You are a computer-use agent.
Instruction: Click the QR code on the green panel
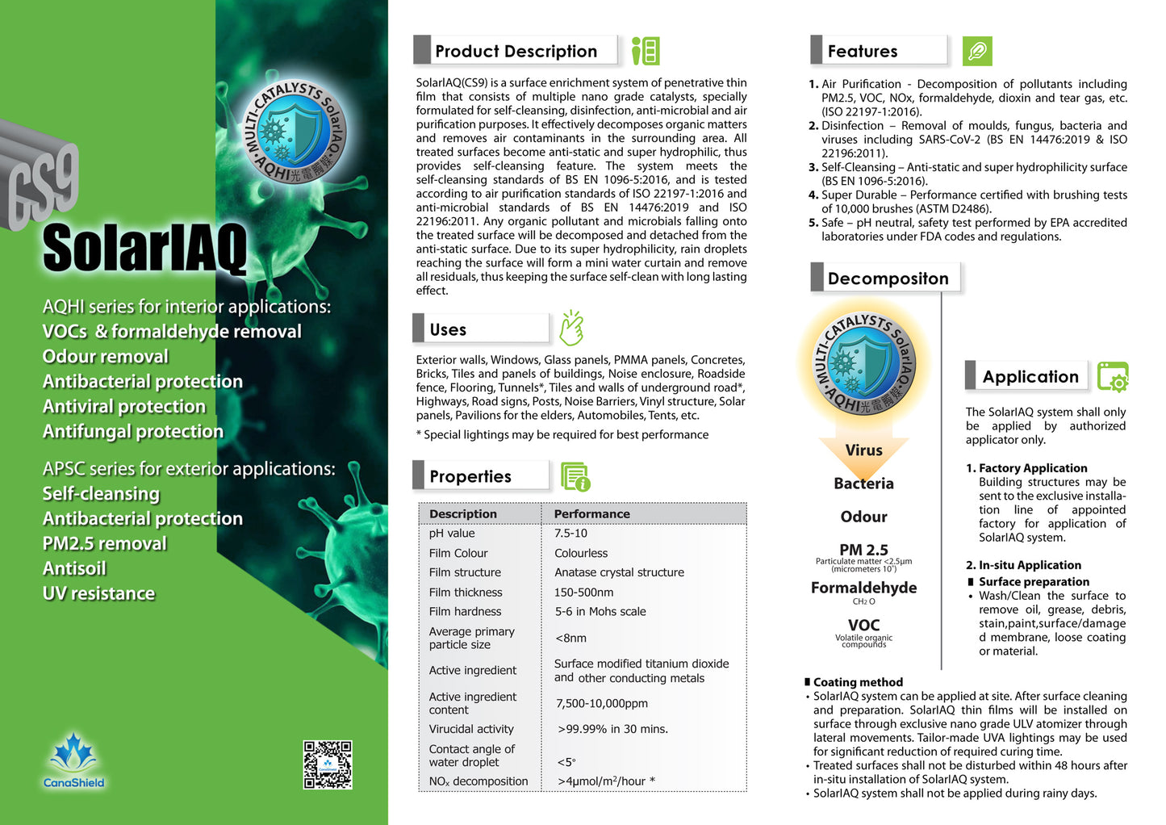click(x=327, y=764)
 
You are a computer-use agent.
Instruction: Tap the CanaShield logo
click(x=73, y=761)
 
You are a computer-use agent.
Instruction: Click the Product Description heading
click(x=516, y=51)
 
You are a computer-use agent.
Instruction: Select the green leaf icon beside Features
click(x=977, y=52)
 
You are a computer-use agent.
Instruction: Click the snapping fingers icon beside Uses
click(x=571, y=328)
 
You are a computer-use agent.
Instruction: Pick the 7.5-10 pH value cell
click(x=570, y=533)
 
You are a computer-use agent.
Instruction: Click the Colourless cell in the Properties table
click(x=581, y=553)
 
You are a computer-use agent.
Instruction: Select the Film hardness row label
click(x=465, y=611)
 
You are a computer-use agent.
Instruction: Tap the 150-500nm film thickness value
click(x=583, y=592)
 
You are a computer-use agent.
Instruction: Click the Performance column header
click(x=591, y=513)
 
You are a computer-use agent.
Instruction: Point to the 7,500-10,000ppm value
click(x=601, y=703)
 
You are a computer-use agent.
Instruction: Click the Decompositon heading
click(x=888, y=278)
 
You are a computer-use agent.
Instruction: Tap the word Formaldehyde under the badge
click(x=863, y=588)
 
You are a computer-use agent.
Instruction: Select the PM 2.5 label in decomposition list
click(x=863, y=550)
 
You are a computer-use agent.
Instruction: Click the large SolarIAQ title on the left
click(x=144, y=248)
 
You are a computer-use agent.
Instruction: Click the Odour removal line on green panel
click(x=106, y=357)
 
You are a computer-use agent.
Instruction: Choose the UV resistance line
click(x=98, y=593)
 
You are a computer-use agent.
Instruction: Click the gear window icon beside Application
click(x=1113, y=377)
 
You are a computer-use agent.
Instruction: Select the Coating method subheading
click(x=858, y=682)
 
